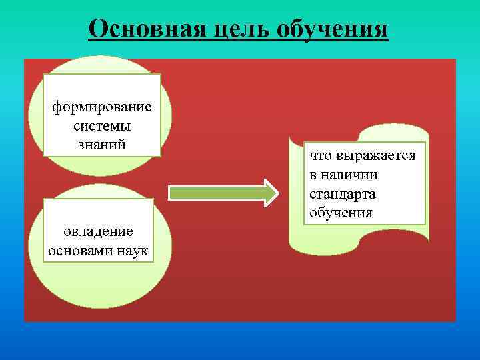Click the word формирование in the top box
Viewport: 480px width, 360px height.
click(102, 107)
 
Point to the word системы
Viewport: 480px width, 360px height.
click(102, 125)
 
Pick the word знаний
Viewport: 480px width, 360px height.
click(102, 144)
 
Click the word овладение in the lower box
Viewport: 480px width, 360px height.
click(98, 231)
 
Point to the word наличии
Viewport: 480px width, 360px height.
click(349, 175)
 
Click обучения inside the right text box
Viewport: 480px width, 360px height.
click(341, 213)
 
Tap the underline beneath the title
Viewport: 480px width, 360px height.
click(238, 41)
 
